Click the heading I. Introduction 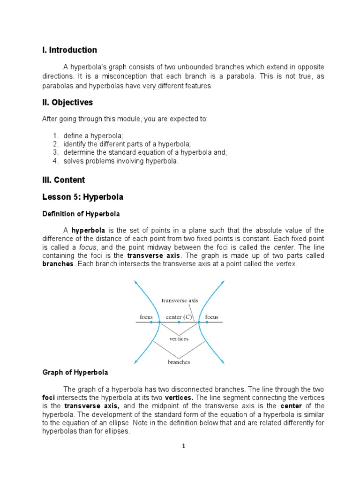tap(70, 50)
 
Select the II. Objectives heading tap(67, 103)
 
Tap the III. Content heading tap(64, 180)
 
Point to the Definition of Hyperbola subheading tap(81, 214)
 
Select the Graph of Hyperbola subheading tap(75, 373)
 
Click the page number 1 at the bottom tap(184, 446)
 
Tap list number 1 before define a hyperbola tap(55, 136)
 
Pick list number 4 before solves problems tap(55, 161)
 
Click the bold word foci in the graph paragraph tap(49, 398)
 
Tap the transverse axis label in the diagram tap(180, 300)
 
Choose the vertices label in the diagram tap(179, 338)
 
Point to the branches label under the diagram tap(179, 362)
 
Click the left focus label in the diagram tap(146, 317)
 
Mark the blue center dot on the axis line tap(179, 322)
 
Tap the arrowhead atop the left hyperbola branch tap(135, 282)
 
